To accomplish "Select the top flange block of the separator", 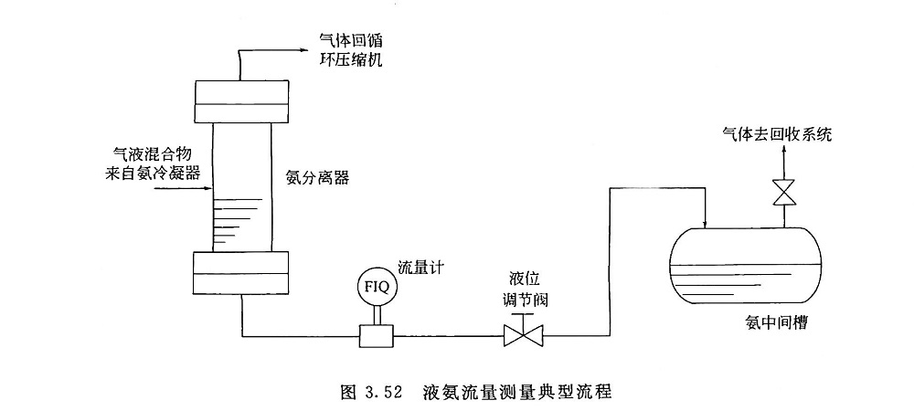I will click(x=242, y=103).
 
